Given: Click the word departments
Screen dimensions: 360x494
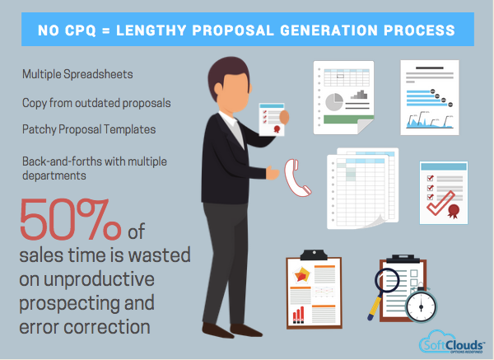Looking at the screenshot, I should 55,175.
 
